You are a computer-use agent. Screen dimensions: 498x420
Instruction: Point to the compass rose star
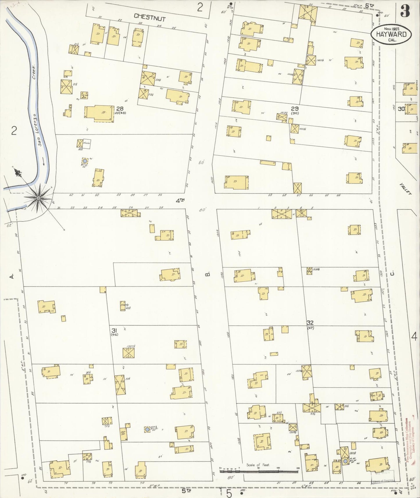tap(38, 198)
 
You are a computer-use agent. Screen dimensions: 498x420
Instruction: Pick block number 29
tap(295, 108)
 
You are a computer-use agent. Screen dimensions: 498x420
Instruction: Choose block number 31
tap(114, 330)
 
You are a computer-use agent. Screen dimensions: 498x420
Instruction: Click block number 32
tap(310, 323)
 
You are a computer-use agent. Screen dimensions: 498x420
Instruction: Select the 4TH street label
tap(180, 200)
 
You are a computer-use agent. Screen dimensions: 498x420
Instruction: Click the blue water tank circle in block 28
tap(85, 160)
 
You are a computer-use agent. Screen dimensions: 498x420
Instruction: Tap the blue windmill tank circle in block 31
tap(147, 429)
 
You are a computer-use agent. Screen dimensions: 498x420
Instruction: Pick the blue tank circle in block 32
tap(345, 461)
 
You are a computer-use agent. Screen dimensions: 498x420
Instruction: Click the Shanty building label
tap(124, 305)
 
